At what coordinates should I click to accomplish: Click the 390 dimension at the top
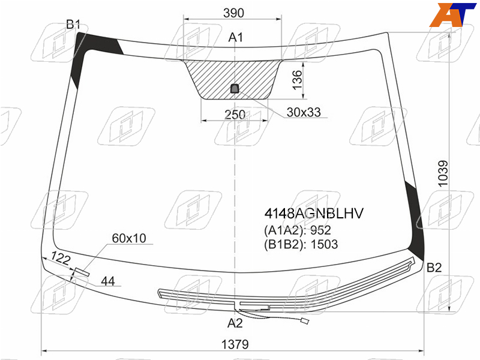click(x=233, y=13)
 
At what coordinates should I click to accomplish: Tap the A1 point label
click(x=236, y=37)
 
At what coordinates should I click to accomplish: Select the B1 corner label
click(x=73, y=25)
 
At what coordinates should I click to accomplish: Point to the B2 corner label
click(x=434, y=268)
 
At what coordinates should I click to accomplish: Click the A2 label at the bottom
click(x=235, y=323)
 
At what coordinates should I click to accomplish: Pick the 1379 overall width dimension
click(x=235, y=344)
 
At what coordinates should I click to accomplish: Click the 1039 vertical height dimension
click(x=443, y=173)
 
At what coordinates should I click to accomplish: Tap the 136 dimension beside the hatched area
click(x=297, y=80)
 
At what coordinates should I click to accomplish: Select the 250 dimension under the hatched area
click(x=235, y=115)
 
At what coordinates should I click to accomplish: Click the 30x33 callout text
click(x=304, y=112)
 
